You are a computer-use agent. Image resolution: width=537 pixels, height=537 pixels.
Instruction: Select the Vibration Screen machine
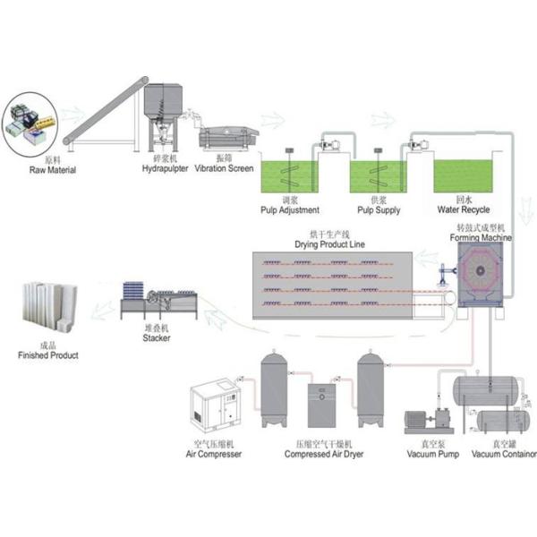point(230,138)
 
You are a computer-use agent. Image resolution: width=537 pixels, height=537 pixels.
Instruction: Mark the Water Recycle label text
point(464,211)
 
